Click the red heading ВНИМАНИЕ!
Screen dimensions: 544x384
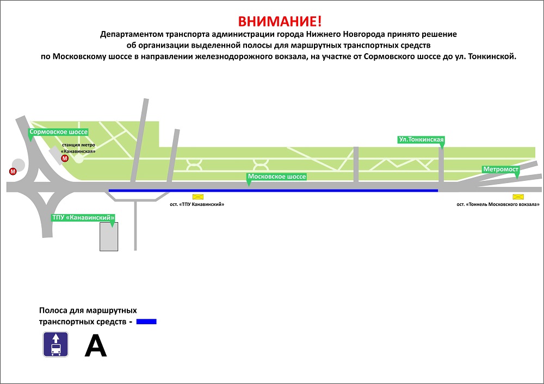click(280, 22)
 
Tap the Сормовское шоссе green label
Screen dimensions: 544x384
click(58, 132)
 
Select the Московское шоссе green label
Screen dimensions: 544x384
click(276, 177)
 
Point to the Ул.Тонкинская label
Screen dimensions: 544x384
click(421, 140)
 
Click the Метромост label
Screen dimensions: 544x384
click(500, 169)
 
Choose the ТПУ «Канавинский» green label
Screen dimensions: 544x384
click(83, 218)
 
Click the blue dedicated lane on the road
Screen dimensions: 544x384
click(274, 191)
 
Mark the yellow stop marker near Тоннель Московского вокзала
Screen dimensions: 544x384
click(518, 197)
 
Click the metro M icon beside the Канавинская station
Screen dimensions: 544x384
click(65, 159)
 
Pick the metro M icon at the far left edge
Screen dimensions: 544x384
click(13, 172)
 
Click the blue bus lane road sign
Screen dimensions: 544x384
click(55, 344)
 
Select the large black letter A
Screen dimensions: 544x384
click(96, 345)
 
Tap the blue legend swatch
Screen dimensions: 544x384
click(146, 322)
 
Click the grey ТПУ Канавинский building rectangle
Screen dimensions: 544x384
click(109, 236)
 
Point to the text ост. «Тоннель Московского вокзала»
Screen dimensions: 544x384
click(498, 204)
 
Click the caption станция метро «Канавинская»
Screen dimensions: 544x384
click(78, 148)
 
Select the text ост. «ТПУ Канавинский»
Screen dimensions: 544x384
click(197, 204)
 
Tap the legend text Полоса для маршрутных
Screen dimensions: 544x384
click(88, 310)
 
